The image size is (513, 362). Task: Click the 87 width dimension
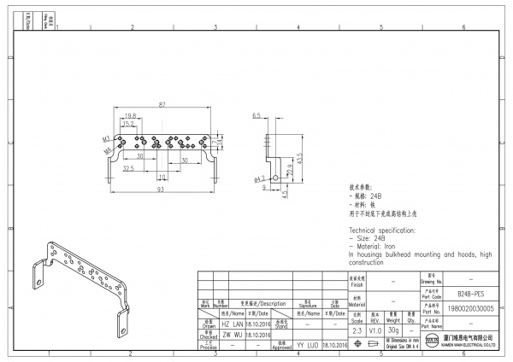[162, 104]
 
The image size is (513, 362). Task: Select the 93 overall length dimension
[161, 190]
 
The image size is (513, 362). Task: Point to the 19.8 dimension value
[131, 115]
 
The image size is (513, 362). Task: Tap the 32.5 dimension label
[129, 169]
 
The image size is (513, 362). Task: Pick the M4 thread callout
[109, 150]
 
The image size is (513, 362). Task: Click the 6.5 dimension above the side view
[256, 114]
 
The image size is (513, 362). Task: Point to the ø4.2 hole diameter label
[258, 180]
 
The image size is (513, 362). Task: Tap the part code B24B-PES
[458, 292]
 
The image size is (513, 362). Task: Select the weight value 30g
[392, 329]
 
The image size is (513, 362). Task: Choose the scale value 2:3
[357, 329]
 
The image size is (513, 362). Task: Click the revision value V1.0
[374, 329]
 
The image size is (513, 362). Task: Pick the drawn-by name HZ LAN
[232, 324]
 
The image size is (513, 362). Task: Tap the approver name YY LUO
[307, 345]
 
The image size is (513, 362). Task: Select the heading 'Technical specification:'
[386, 231]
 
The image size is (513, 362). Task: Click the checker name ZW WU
[232, 335]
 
